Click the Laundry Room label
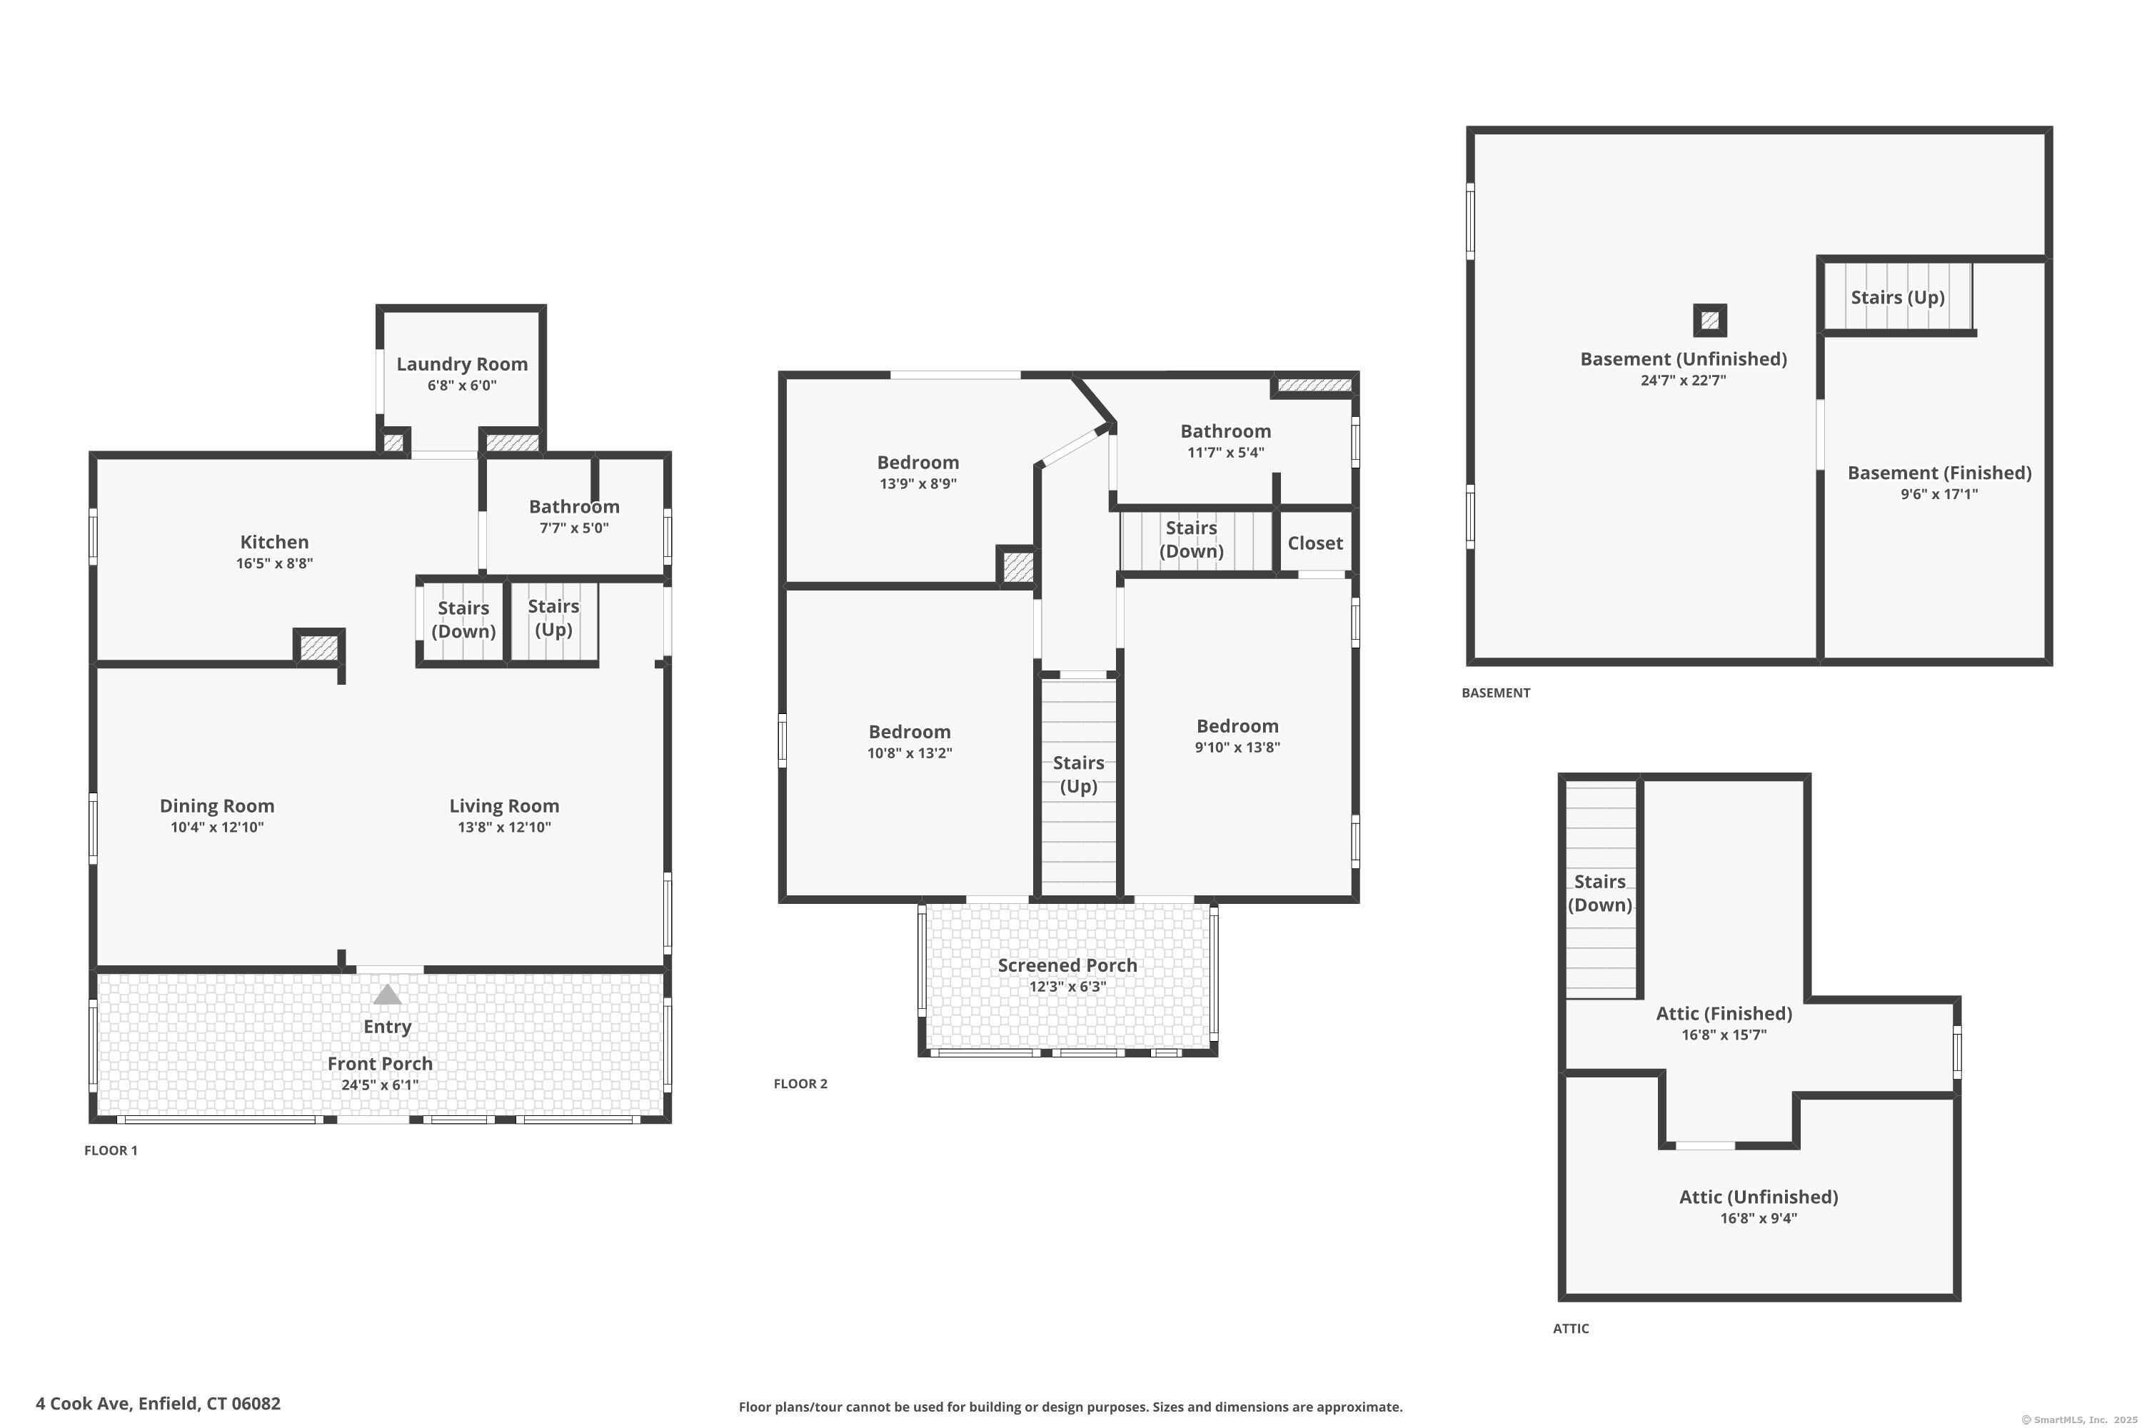coord(462,364)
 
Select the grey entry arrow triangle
coord(387,994)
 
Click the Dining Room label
coord(217,806)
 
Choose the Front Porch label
coord(380,1064)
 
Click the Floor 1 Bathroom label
coord(574,506)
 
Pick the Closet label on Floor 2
coord(1315,543)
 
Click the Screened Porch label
coord(1067,965)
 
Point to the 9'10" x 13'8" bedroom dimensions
coord(1237,748)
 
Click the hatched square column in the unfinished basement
coord(1709,320)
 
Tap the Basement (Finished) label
coord(1939,473)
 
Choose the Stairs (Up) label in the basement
coord(1897,298)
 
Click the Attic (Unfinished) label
coord(1758,1197)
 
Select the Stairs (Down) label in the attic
coord(1599,893)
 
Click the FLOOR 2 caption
coord(800,1084)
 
